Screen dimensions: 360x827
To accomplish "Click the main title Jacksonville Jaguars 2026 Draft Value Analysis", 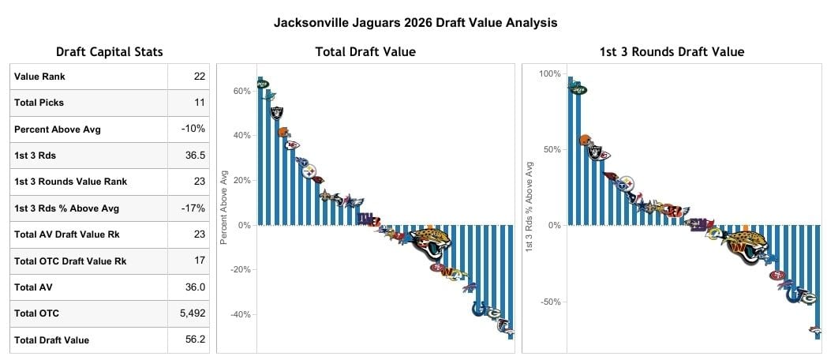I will [x=415, y=23].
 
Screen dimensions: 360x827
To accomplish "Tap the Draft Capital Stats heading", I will [x=110, y=52].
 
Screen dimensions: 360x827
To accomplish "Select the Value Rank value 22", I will [x=199, y=77].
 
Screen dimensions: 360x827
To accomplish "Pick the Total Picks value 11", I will [x=200, y=103].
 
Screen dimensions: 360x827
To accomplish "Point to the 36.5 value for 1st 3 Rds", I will [x=196, y=156].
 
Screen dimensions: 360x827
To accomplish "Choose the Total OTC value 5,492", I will [x=192, y=313].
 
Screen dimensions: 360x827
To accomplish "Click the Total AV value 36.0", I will [x=196, y=287].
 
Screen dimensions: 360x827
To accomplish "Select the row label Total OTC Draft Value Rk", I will [x=70, y=261].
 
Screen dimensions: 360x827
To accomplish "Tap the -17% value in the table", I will [x=193, y=208].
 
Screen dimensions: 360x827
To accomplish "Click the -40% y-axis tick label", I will [x=238, y=315].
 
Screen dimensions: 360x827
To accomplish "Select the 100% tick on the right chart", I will [x=549, y=74].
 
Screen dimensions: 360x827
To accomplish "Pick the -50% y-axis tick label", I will [x=549, y=302].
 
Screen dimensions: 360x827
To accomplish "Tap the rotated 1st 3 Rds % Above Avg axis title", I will [x=530, y=207].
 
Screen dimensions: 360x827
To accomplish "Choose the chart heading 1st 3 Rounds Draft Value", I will [x=672, y=52].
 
